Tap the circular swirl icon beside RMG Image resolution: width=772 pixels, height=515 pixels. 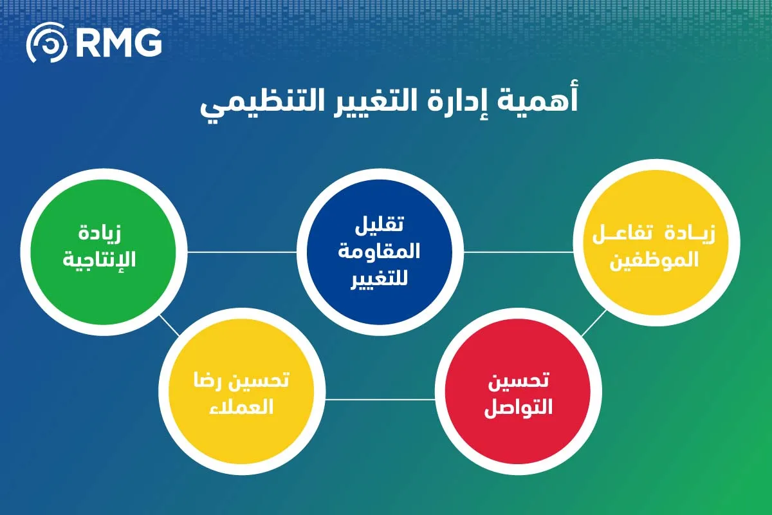point(46,44)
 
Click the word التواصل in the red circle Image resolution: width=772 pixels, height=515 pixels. point(518,408)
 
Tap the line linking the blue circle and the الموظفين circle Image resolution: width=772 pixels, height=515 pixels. point(518,252)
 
